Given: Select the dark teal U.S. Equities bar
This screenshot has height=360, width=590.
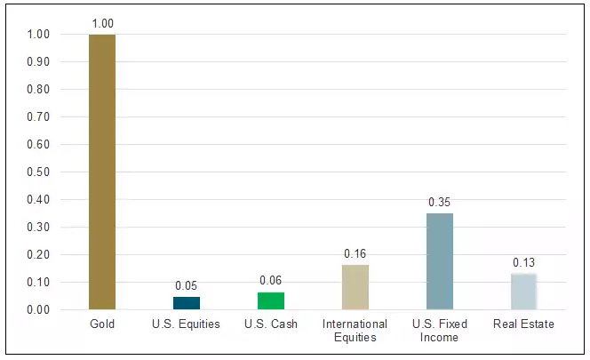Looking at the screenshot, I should [186, 303].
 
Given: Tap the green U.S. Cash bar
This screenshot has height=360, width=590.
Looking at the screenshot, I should [271, 301].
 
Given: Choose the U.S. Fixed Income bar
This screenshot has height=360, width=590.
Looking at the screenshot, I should [439, 261].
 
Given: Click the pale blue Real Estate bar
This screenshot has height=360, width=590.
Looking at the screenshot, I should [523, 292].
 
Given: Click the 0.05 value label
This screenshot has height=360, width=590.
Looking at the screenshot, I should [186, 285].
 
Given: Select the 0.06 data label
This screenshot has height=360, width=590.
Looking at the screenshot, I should [271, 281].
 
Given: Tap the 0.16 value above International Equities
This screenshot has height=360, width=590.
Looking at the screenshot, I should [355, 254].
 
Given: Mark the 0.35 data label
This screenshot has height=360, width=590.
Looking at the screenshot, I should [439, 202].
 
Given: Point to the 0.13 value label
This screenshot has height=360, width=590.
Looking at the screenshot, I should [523, 262].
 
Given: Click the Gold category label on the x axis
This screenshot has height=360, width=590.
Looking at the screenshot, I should [101, 324].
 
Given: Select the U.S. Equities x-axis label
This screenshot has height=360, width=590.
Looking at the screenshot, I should [186, 324].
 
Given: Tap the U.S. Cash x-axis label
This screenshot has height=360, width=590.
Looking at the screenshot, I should [271, 324].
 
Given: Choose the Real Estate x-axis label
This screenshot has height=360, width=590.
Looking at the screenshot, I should [523, 324].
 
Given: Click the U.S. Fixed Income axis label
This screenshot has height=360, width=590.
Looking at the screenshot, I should [439, 331].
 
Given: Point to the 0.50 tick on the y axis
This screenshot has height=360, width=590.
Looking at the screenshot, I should [38, 172].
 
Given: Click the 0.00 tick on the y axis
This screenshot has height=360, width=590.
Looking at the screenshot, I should [38, 310].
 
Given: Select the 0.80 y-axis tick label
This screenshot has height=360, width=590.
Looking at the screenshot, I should [38, 90].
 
